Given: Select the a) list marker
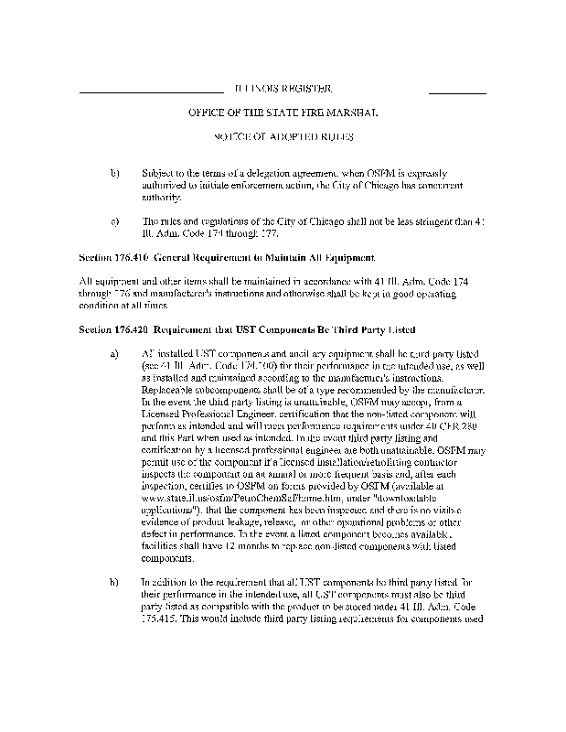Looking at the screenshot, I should point(114,352).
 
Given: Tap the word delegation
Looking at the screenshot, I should point(274,172).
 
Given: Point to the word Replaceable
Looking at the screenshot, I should point(171,388).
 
